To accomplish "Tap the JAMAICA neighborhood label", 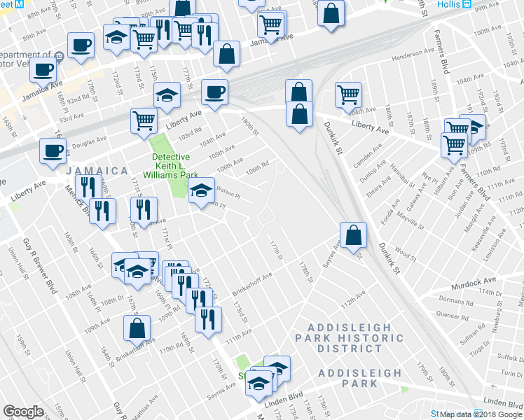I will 97,171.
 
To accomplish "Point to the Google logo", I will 23,411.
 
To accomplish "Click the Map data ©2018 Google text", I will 481,414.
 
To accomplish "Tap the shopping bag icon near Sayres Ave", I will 354,236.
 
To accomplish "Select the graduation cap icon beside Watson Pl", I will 201,189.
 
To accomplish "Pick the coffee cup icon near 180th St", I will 214,92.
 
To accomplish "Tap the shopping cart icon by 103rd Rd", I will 144,120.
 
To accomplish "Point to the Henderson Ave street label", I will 413,54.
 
